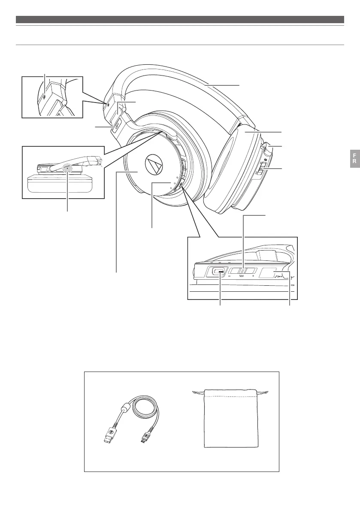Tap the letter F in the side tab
pos(355,154)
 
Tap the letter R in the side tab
pos(355,161)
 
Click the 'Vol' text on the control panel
pos(242,277)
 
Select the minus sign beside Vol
pos(230,277)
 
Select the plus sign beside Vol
pos(254,277)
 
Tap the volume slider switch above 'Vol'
pos(242,271)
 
